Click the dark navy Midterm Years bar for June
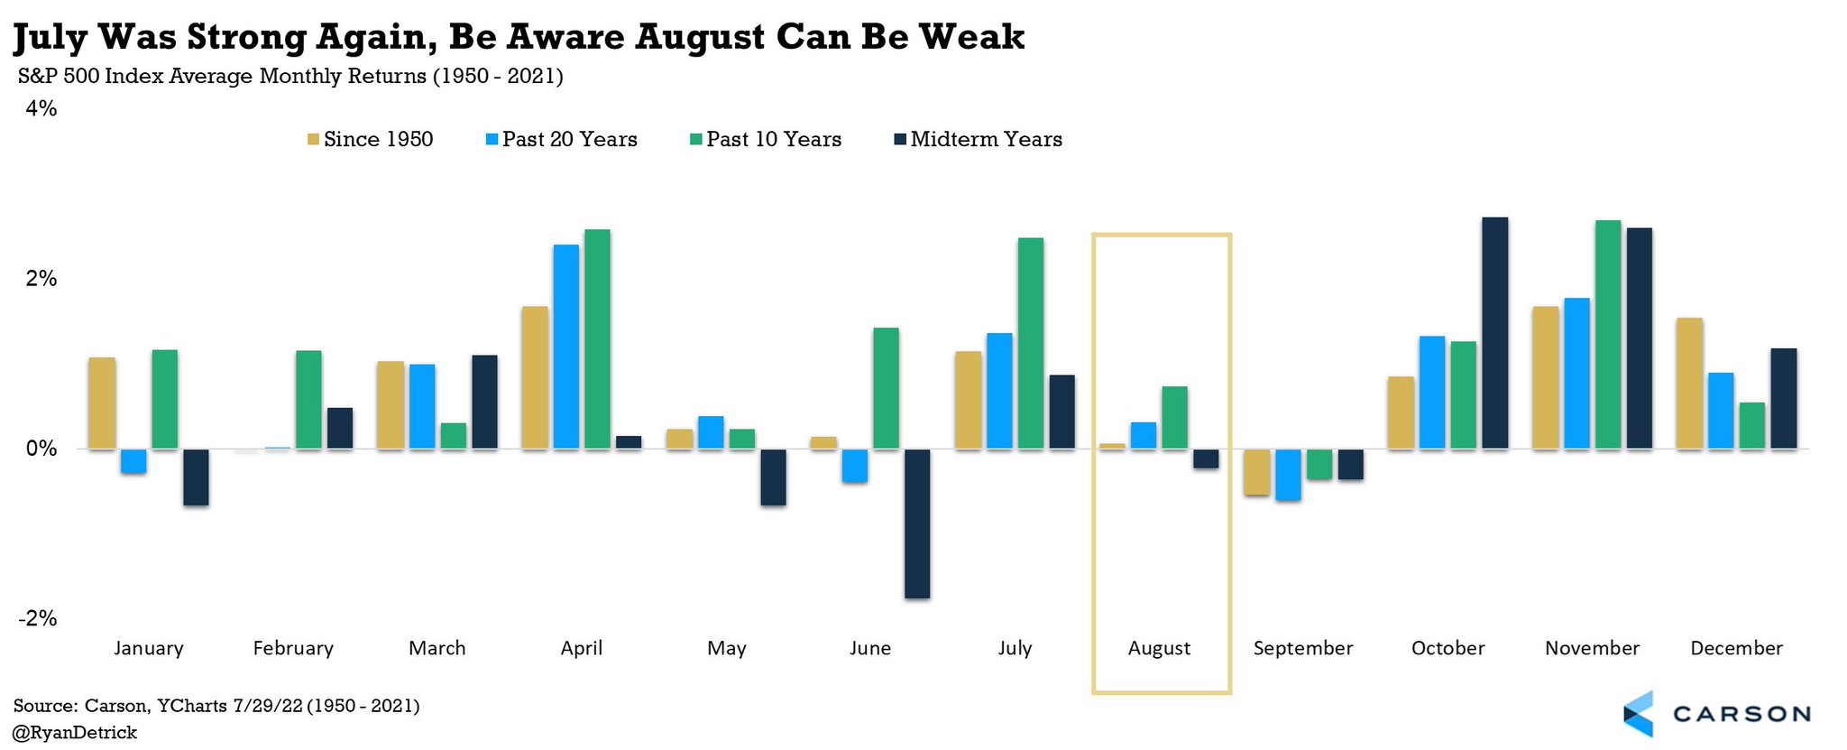pos(917,523)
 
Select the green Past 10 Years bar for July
pos(1030,343)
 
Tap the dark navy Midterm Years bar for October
pos(1494,333)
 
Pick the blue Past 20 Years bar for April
pos(566,347)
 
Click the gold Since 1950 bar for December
pos(1689,384)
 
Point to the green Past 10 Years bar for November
pos(1607,335)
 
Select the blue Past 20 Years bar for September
pos(1288,475)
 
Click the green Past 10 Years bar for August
pos(1174,418)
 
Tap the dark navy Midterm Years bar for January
pos(196,477)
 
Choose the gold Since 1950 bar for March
pos(391,405)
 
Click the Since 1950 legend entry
pos(371,139)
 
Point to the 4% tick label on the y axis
pos(41,109)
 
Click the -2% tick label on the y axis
pos(38,618)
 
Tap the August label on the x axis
pos(1159,648)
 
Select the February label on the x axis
pos(293,648)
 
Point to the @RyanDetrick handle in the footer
pos(76,733)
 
